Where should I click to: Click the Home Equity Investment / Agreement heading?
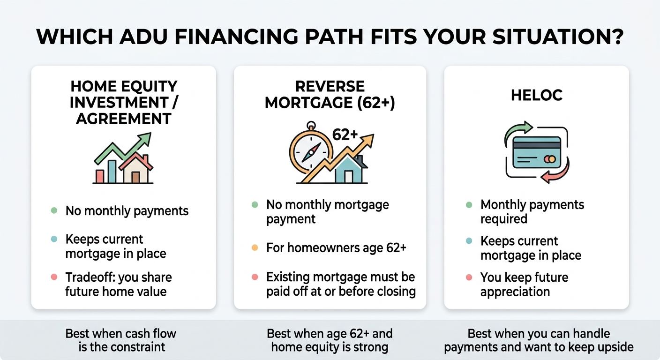124,102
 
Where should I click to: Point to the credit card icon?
537,152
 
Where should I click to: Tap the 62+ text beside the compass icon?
345,134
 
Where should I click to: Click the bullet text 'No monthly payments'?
127,211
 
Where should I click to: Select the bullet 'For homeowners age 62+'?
336,247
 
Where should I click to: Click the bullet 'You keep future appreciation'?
524,284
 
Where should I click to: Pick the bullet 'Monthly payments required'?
532,212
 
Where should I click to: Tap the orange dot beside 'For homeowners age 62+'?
255,247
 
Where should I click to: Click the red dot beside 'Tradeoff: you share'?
54,277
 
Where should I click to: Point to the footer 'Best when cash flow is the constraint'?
121,340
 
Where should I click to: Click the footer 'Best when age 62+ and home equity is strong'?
330,340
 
